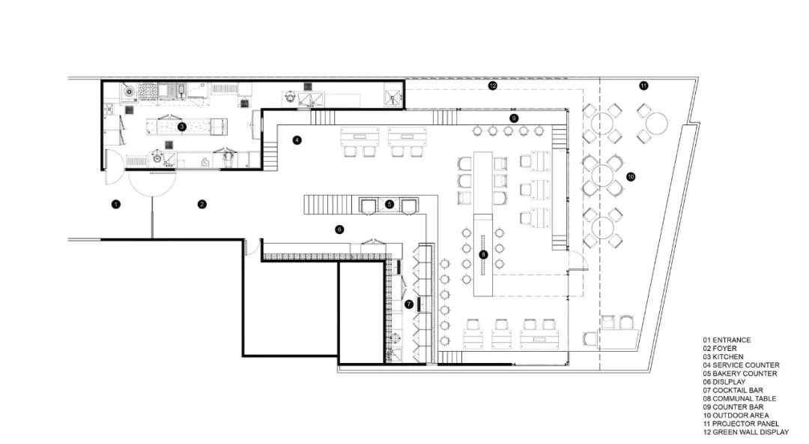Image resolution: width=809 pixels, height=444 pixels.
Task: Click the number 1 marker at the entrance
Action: click(x=115, y=204)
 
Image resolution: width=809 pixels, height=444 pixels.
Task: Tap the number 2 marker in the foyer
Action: click(x=202, y=204)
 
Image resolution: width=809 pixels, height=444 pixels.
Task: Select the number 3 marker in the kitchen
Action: click(x=182, y=127)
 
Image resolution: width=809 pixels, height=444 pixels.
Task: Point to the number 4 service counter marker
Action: click(x=297, y=139)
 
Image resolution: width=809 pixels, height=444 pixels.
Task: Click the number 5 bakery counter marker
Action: click(x=390, y=204)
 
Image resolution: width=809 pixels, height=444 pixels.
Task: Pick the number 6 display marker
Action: click(x=339, y=229)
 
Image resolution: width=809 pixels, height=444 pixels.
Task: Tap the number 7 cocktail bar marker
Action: click(x=409, y=304)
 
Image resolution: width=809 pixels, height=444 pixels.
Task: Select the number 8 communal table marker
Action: click(x=483, y=255)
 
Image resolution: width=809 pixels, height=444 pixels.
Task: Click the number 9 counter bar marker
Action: click(x=514, y=118)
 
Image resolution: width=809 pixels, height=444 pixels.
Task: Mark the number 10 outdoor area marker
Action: click(x=631, y=177)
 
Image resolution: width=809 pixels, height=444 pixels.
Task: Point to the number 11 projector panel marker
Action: click(x=643, y=86)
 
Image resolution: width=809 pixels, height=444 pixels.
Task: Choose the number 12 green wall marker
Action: click(x=492, y=86)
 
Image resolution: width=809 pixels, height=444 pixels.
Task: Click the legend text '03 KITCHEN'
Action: click(x=723, y=357)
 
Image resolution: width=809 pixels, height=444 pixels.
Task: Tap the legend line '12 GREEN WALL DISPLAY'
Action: click(x=745, y=432)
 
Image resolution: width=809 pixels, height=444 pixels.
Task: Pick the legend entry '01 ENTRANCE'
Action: click(x=726, y=340)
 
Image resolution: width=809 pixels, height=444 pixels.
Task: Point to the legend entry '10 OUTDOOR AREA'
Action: click(x=735, y=415)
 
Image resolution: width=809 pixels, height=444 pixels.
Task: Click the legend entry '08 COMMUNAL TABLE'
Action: click(x=739, y=398)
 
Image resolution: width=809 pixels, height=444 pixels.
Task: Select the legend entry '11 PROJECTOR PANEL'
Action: click(x=740, y=424)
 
